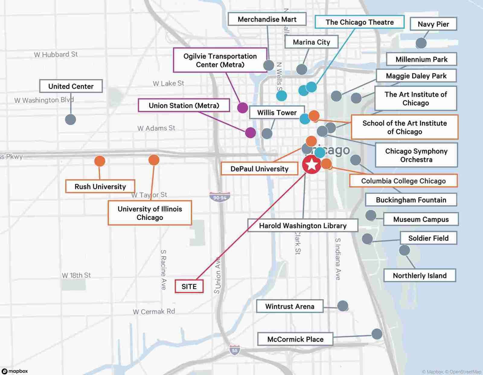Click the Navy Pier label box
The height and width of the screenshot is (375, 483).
click(x=433, y=24)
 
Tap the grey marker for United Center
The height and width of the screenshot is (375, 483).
click(x=70, y=119)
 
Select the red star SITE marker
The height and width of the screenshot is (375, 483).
click(x=312, y=165)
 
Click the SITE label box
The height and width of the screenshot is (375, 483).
click(x=189, y=286)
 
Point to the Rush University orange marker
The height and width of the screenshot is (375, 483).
click(x=100, y=161)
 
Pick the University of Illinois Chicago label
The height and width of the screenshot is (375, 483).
click(x=150, y=213)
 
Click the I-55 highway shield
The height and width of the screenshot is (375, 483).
click(x=235, y=350)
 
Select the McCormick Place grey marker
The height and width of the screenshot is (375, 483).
click(x=377, y=334)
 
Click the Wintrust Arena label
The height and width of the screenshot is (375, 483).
click(x=290, y=306)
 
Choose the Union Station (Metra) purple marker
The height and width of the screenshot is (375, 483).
click(x=250, y=132)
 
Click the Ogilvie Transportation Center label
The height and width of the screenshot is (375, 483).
click(x=220, y=60)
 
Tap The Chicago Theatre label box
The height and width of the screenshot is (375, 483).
click(x=360, y=22)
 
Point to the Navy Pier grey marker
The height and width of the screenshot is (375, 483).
click(x=421, y=43)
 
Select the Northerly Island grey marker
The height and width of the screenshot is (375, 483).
click(x=405, y=250)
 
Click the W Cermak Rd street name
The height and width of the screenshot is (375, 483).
click(x=154, y=312)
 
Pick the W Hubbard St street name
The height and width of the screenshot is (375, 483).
click(x=56, y=55)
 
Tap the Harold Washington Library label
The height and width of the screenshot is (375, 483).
click(x=303, y=226)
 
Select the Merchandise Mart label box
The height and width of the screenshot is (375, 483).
click(x=267, y=19)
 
